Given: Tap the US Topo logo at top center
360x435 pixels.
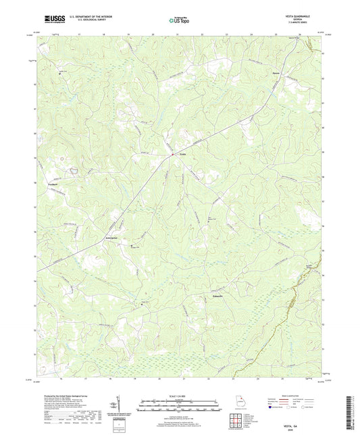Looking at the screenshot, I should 179,20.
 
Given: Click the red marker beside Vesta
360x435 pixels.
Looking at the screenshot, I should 172,155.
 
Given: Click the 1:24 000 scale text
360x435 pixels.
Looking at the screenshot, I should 179,394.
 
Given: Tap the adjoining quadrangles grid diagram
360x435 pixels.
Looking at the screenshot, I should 237,420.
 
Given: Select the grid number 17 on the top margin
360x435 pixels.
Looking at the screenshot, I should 79,32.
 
